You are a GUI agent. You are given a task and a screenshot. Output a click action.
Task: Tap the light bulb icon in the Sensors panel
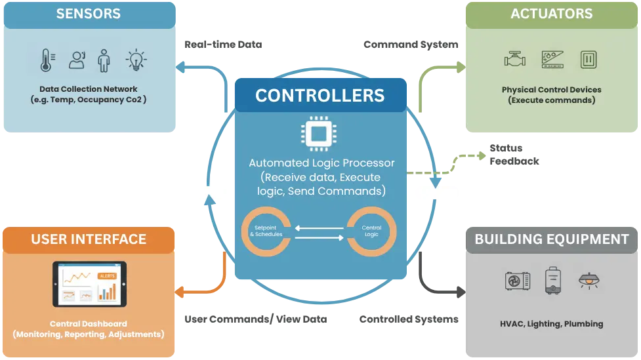tap(136, 60)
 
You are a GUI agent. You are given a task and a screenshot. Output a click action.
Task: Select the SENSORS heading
tap(88, 14)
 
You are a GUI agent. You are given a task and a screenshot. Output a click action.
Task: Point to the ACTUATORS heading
tap(551, 14)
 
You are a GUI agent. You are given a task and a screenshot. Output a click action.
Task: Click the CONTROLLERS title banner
tap(320, 95)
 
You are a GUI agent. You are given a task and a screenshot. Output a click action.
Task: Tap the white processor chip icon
tap(320, 134)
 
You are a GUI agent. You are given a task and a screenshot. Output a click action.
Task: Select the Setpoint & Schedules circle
tap(267, 231)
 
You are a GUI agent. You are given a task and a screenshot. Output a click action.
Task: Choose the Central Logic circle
tap(371, 231)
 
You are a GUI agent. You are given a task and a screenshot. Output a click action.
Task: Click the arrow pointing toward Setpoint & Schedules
tap(319, 228)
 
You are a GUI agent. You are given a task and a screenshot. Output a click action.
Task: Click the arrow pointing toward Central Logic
tap(319, 237)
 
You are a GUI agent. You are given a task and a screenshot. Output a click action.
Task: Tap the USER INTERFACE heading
tap(89, 239)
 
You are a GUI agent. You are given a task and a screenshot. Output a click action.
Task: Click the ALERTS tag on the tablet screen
tap(106, 275)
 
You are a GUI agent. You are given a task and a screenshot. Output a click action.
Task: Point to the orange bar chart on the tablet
tap(107, 292)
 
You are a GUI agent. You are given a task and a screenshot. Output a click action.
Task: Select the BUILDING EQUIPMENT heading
tap(551, 239)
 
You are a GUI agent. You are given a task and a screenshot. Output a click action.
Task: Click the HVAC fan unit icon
tap(518, 281)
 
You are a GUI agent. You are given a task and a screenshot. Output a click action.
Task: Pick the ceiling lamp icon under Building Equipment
tap(589, 280)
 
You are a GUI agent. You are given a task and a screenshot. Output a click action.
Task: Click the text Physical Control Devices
tap(551, 90)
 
